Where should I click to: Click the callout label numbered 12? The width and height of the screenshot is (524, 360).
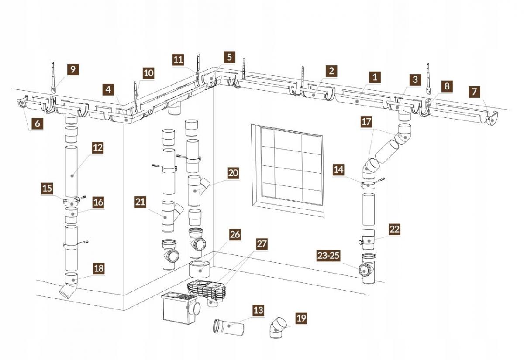click(x=97, y=148)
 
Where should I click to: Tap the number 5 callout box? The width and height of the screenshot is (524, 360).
click(x=229, y=57)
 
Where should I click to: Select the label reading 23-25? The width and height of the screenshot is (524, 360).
click(x=328, y=256)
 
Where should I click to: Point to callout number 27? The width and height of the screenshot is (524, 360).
click(x=262, y=244)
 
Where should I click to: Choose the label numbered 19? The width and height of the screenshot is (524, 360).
click(x=301, y=318)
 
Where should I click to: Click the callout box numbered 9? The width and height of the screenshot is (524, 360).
click(x=73, y=69)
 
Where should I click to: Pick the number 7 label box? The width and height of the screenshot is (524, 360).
click(x=474, y=92)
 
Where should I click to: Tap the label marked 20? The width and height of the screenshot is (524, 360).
click(x=233, y=173)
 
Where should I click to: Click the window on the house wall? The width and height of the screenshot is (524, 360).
click(x=288, y=171)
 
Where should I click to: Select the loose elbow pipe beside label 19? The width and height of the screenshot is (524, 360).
click(x=277, y=328)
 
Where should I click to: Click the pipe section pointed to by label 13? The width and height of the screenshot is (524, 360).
click(x=228, y=326)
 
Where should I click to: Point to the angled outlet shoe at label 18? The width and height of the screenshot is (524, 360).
click(x=70, y=286)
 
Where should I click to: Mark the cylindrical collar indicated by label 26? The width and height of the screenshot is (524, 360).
click(x=200, y=269)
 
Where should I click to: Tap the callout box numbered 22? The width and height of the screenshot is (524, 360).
click(x=394, y=230)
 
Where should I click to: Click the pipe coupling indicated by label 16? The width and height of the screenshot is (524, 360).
click(x=71, y=215)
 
